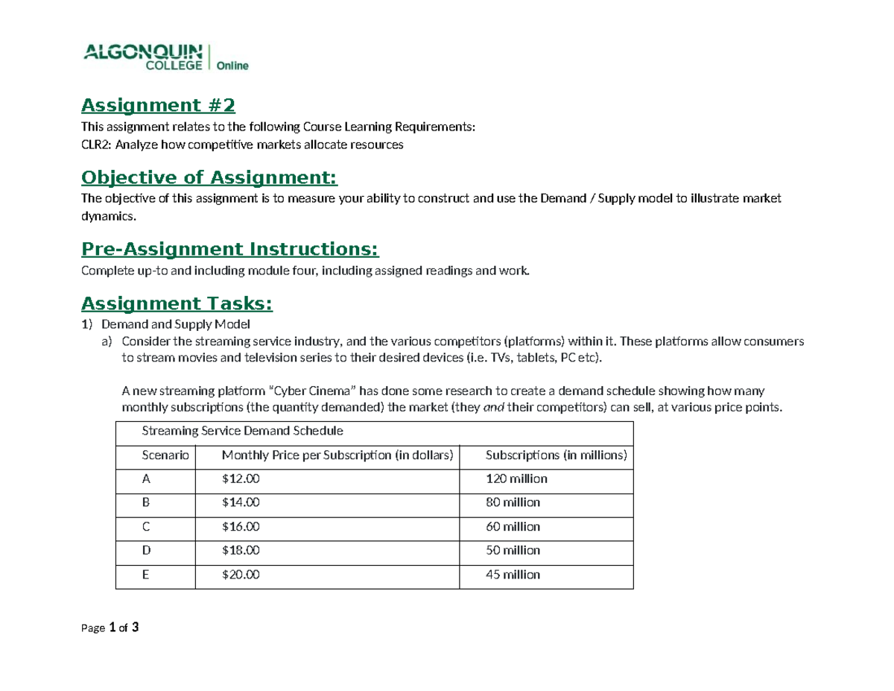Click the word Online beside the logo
[x=232, y=66]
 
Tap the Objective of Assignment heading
[x=209, y=177]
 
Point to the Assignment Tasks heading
[x=177, y=303]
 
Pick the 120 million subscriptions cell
[x=516, y=479]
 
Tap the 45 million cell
[x=513, y=575]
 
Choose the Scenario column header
[x=165, y=455]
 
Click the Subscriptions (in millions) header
[x=556, y=455]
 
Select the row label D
[x=146, y=550]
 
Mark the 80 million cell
[x=513, y=502]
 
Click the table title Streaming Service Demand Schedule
[x=241, y=431]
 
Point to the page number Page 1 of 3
[x=110, y=628]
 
